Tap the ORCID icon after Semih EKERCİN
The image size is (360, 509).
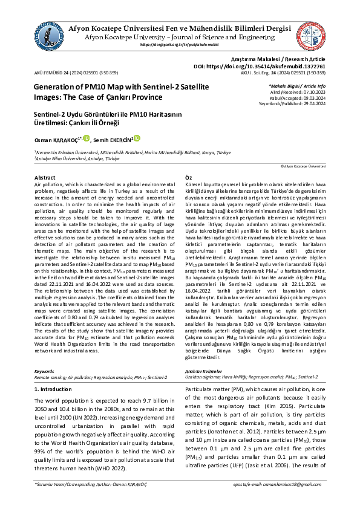pyautogui.click(x=137, y=138)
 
